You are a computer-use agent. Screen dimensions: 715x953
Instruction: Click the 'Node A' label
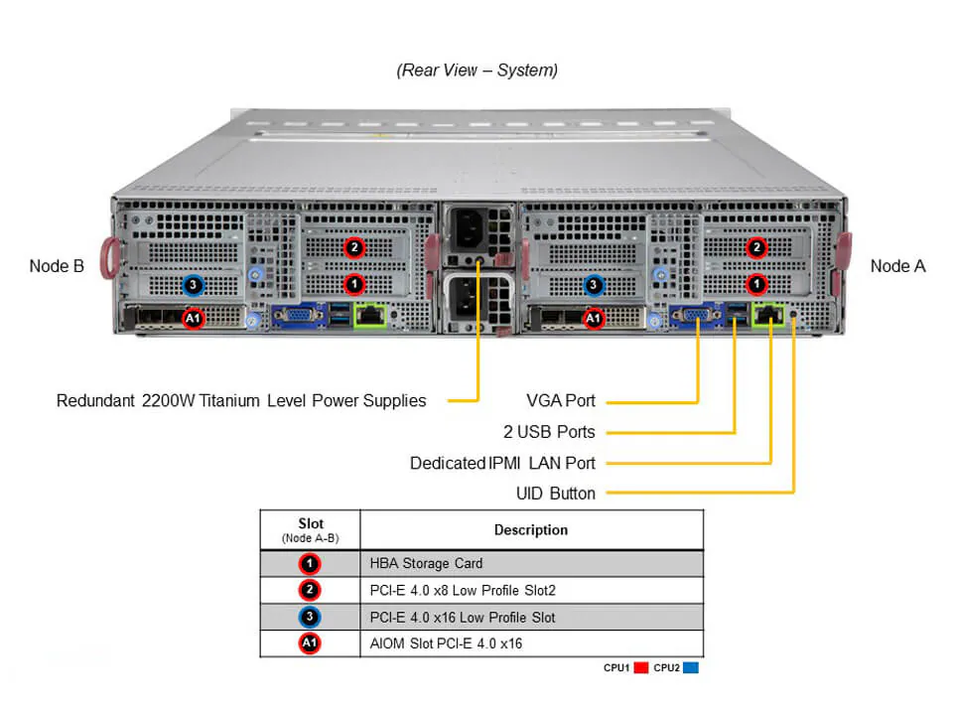click(x=897, y=266)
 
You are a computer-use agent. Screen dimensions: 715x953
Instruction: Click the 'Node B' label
click(x=57, y=266)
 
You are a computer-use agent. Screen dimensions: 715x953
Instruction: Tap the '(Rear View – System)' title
click(x=476, y=71)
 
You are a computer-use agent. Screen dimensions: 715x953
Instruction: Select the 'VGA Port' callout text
click(x=561, y=401)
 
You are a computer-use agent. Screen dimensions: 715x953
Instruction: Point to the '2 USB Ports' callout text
click(x=549, y=432)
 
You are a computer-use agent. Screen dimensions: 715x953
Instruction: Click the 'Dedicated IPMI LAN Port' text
click(x=502, y=463)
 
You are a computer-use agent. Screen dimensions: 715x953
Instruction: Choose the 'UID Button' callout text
click(x=555, y=494)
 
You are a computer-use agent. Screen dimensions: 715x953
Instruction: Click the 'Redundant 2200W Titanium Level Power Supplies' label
click(x=241, y=401)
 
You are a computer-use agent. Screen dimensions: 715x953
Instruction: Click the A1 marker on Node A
click(x=594, y=319)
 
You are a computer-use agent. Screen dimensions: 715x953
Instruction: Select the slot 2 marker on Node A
click(x=756, y=247)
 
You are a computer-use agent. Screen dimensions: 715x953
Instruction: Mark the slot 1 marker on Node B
click(x=353, y=284)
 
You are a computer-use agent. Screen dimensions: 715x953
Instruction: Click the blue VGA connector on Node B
click(x=296, y=317)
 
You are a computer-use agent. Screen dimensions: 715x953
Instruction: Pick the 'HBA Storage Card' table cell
click(x=425, y=563)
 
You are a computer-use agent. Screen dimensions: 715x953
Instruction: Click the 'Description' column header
click(x=531, y=530)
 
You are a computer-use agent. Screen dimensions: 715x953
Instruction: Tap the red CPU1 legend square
click(x=640, y=668)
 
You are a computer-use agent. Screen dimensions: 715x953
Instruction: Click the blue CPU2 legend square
click(x=691, y=668)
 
